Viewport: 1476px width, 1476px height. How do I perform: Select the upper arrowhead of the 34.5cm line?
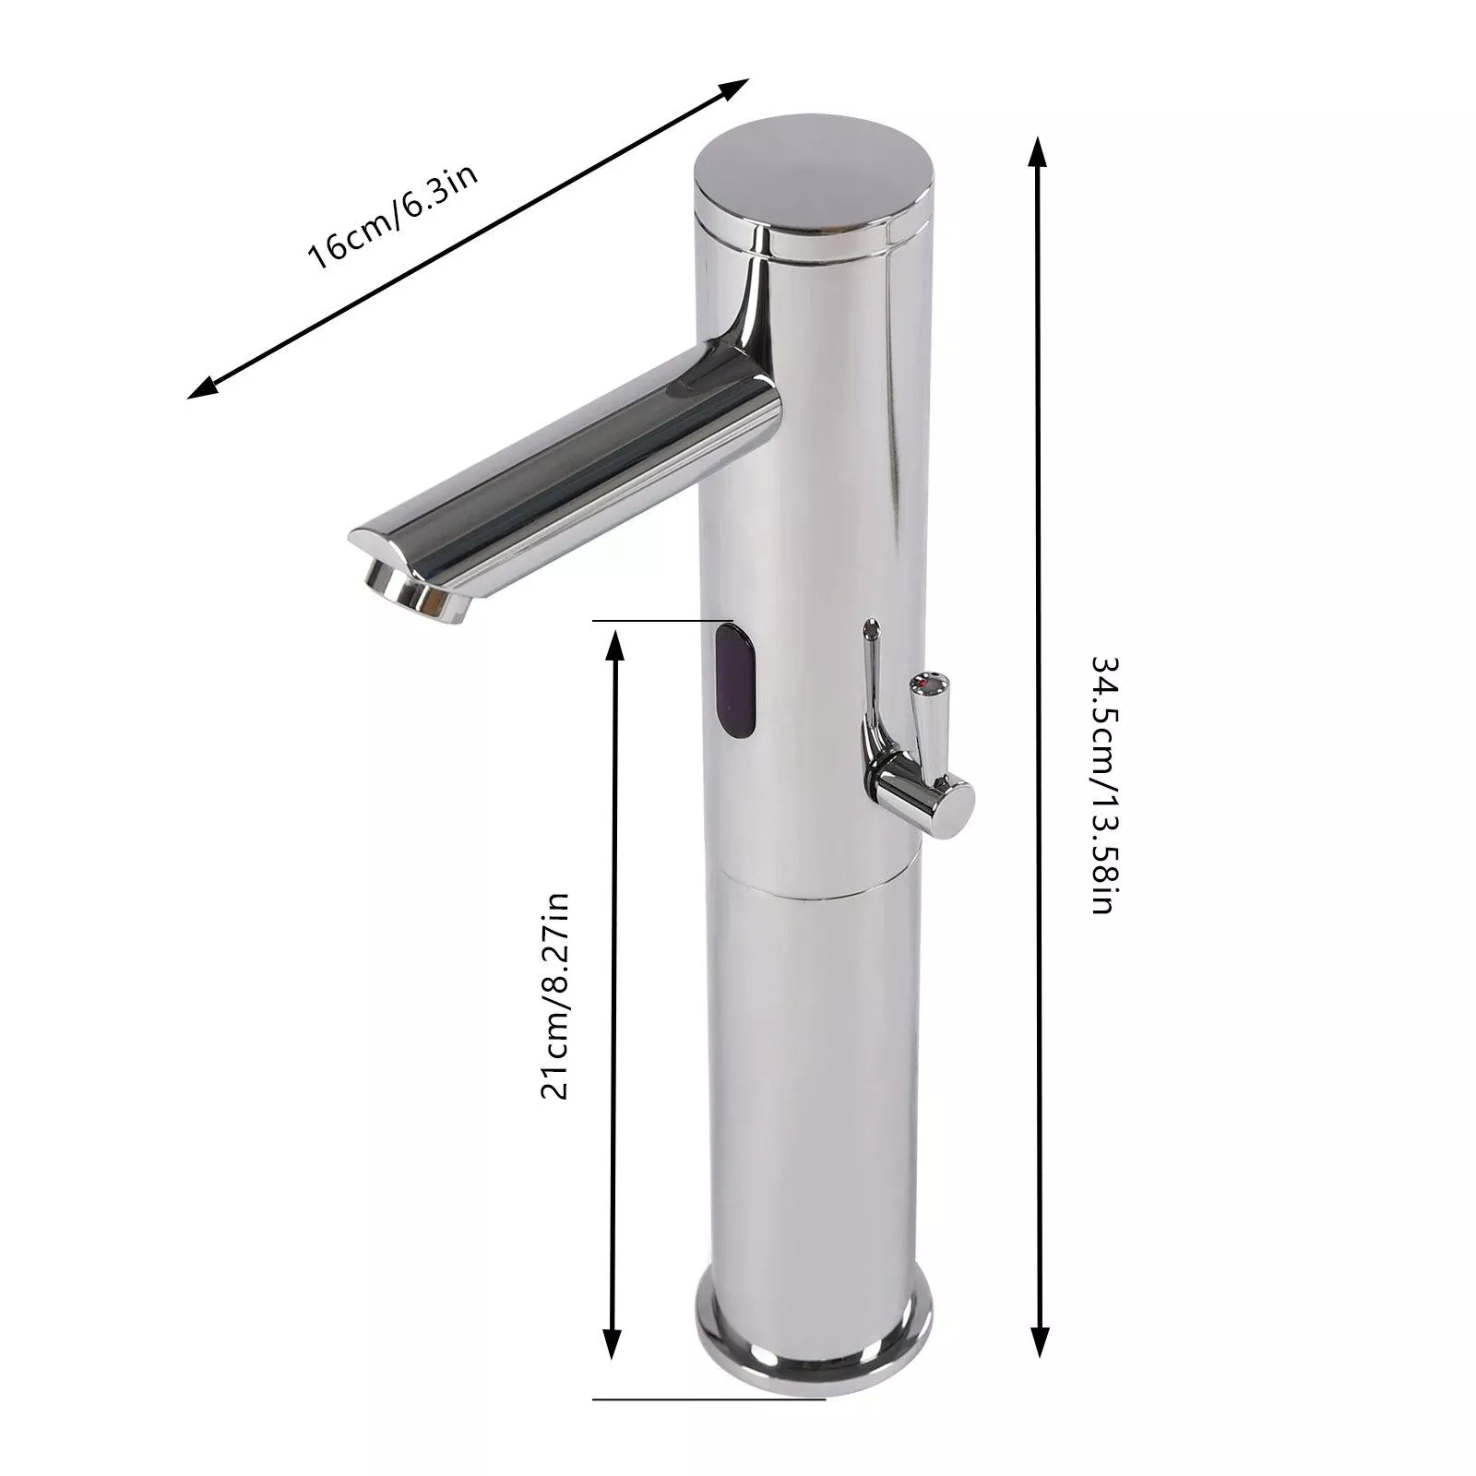point(1039,155)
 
